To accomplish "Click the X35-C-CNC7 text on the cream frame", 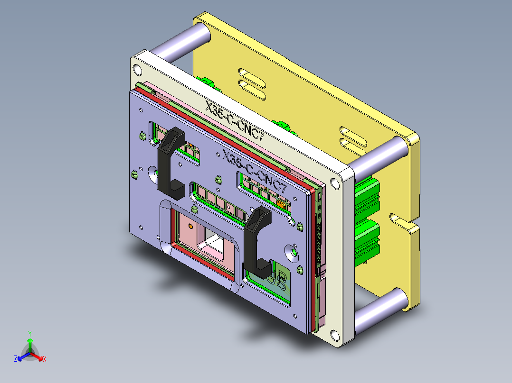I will point(235,120).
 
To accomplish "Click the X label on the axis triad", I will point(44,359).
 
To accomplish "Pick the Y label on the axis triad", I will point(29,333).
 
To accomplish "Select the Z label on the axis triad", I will point(16,359).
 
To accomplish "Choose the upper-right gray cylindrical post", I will point(380,155).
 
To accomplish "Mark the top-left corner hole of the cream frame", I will point(137,70).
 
